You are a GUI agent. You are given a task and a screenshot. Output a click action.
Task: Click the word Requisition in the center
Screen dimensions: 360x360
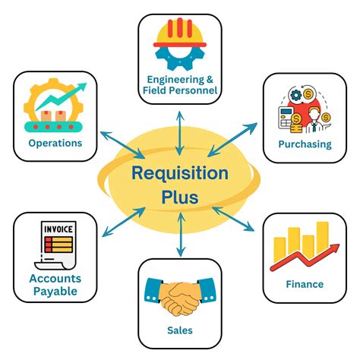pyautogui.click(x=179, y=173)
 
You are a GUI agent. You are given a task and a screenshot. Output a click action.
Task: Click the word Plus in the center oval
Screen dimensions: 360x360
pyautogui.click(x=179, y=198)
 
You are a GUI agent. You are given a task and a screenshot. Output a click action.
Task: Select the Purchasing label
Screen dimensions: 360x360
pyautogui.click(x=304, y=144)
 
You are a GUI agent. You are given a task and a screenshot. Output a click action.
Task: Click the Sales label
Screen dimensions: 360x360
pyautogui.click(x=179, y=330)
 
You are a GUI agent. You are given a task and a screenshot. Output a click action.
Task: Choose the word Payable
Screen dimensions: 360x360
pyautogui.click(x=55, y=291)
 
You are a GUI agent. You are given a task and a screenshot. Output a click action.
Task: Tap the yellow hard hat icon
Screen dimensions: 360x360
pyautogui.click(x=180, y=34)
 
